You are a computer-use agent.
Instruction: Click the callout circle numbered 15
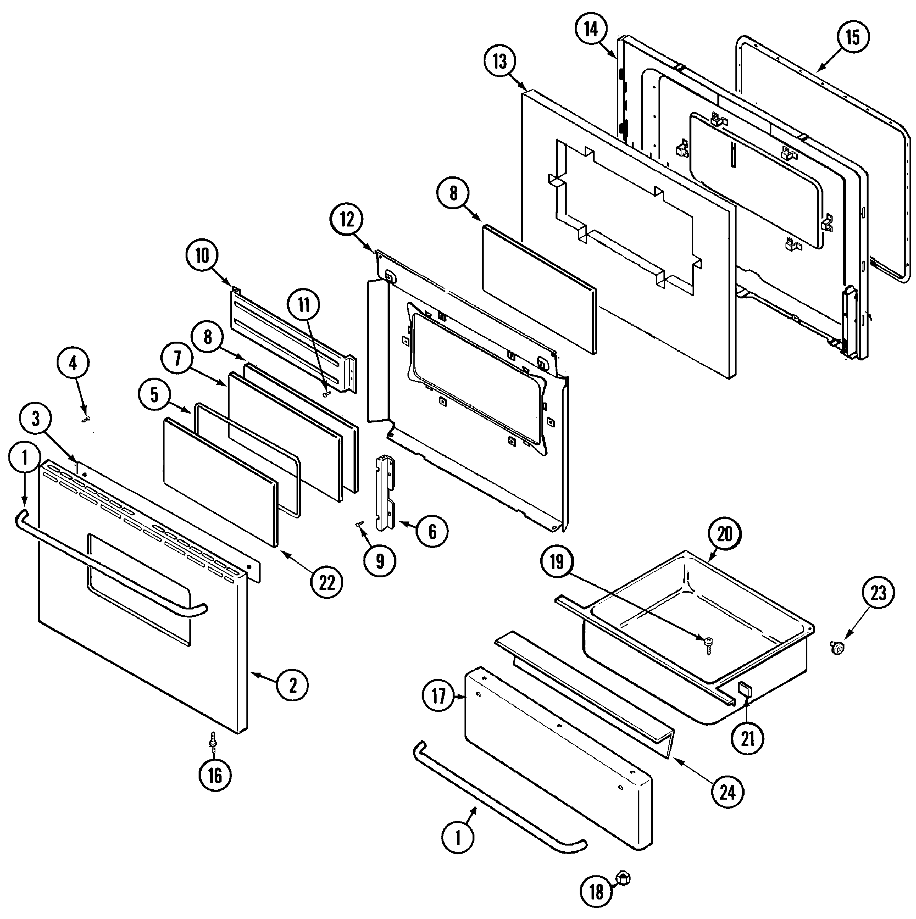(852, 37)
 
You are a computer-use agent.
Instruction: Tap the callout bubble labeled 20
(724, 534)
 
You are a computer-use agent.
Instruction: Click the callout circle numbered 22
(327, 582)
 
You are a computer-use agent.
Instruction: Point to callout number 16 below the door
(215, 776)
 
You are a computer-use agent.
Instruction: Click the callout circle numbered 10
(202, 256)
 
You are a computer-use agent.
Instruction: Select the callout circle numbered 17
(438, 696)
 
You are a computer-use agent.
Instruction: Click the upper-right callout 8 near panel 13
(453, 194)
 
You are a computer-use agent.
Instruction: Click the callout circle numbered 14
(590, 29)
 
